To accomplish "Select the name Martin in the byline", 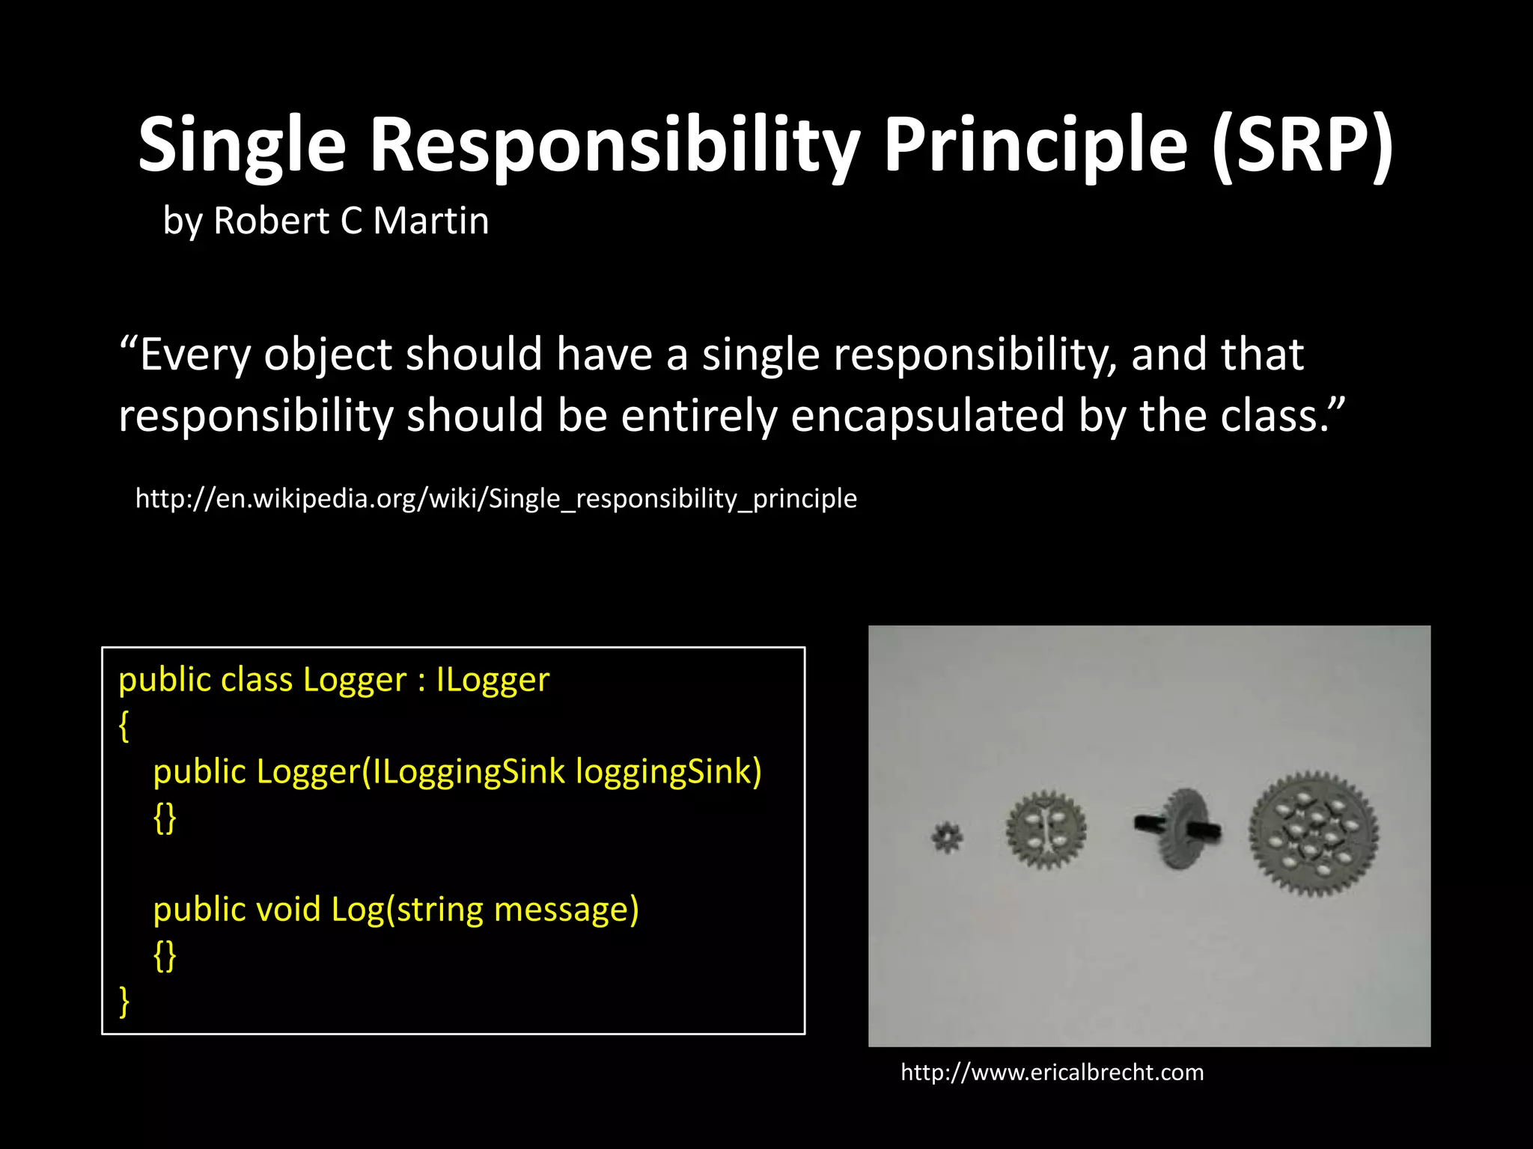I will click(431, 221).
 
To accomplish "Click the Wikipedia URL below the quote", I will click(496, 498).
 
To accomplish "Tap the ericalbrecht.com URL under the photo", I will click(1052, 1072).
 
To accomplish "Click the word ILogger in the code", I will click(493, 680).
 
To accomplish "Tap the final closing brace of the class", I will click(124, 1001).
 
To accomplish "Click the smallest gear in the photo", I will click(948, 837).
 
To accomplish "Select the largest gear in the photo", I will click(1314, 833).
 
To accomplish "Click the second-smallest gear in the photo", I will click(1046, 829).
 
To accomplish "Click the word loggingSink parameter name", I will click(668, 771).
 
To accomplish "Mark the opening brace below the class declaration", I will click(124, 726).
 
